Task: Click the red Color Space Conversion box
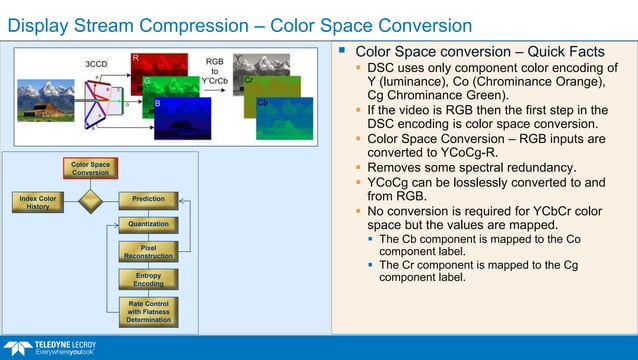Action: point(90,168)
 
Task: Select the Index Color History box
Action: point(38,202)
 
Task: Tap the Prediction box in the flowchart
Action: point(148,201)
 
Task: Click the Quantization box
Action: point(148,225)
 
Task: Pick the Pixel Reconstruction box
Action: point(148,251)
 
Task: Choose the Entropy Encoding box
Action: point(148,279)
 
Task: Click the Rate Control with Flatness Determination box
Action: point(148,311)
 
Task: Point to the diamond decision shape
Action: point(90,201)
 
